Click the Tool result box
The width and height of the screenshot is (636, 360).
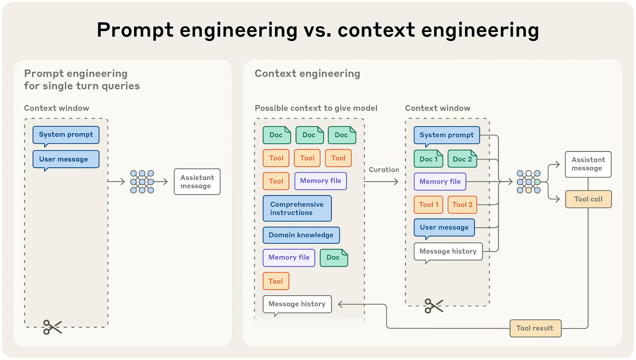[536, 328]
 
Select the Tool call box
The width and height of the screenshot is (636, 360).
[588, 199]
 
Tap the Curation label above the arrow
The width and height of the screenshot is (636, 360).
[384, 170]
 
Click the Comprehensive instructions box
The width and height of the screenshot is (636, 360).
[297, 208]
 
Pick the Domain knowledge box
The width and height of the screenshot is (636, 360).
[301, 235]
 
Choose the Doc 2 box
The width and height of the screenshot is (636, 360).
[462, 159]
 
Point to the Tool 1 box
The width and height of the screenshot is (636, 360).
[429, 205]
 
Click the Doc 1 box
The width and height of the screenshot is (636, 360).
[429, 159]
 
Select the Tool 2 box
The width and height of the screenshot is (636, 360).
[462, 205]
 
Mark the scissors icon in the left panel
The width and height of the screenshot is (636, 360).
[52, 327]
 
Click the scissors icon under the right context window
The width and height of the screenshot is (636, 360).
[434, 306]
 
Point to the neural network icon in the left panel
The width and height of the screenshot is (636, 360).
[142, 182]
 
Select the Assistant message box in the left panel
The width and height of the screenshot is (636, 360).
[197, 182]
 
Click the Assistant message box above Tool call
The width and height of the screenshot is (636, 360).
[588, 164]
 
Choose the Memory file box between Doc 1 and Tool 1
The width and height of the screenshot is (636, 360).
[440, 181]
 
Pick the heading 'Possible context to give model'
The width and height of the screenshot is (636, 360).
[316, 108]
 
